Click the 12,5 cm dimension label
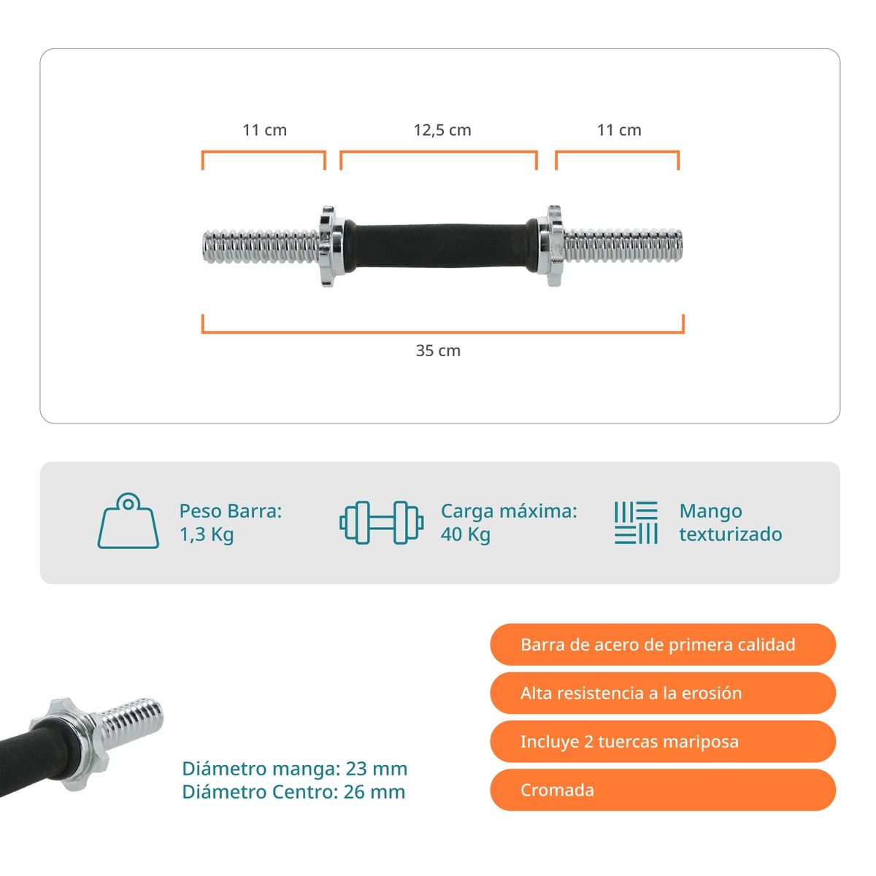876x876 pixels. [442, 131]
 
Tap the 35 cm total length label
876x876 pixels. [438, 350]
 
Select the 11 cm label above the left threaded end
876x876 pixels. [264, 131]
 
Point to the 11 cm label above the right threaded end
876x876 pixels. [619, 131]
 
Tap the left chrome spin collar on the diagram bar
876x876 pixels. [330, 246]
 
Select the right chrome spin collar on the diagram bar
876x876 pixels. [551, 246]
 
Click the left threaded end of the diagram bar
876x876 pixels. [261, 246]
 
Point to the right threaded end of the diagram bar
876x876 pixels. [623, 246]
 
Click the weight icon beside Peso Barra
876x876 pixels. [128, 521]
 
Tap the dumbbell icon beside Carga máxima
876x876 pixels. [381, 523]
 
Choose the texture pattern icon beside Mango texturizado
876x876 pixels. [636, 523]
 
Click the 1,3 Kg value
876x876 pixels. [207, 534]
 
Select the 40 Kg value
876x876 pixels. [466, 534]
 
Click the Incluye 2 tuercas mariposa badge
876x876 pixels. [663, 741]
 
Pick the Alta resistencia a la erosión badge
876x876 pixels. [663, 693]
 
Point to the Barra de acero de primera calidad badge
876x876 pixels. [663, 644]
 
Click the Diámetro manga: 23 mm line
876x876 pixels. [295, 769]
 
